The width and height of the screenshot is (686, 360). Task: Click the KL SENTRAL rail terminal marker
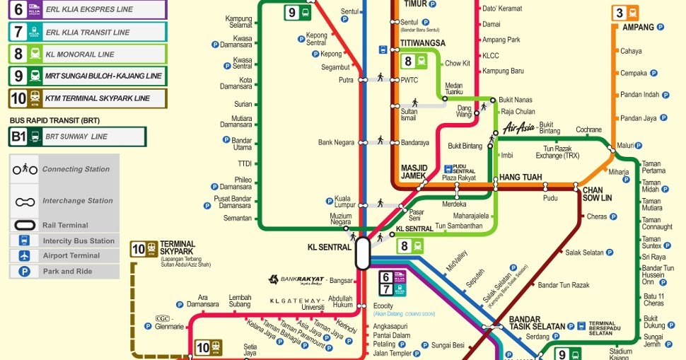coord(362,253)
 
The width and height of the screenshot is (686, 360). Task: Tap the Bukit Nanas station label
coord(516,100)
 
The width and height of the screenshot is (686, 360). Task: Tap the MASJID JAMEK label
coord(414,172)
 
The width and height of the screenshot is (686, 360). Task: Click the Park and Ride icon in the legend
coord(25,271)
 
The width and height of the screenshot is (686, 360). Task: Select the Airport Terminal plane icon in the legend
coord(25,255)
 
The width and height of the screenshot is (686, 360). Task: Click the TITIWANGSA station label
coord(422,43)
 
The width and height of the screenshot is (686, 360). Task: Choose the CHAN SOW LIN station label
coord(596,194)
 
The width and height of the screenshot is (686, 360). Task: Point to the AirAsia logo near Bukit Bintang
coord(520,127)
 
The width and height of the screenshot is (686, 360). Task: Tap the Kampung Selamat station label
coord(239,22)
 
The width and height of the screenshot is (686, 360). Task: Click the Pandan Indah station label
coord(639,95)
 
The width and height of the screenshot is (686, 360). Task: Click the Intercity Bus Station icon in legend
coord(25,240)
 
